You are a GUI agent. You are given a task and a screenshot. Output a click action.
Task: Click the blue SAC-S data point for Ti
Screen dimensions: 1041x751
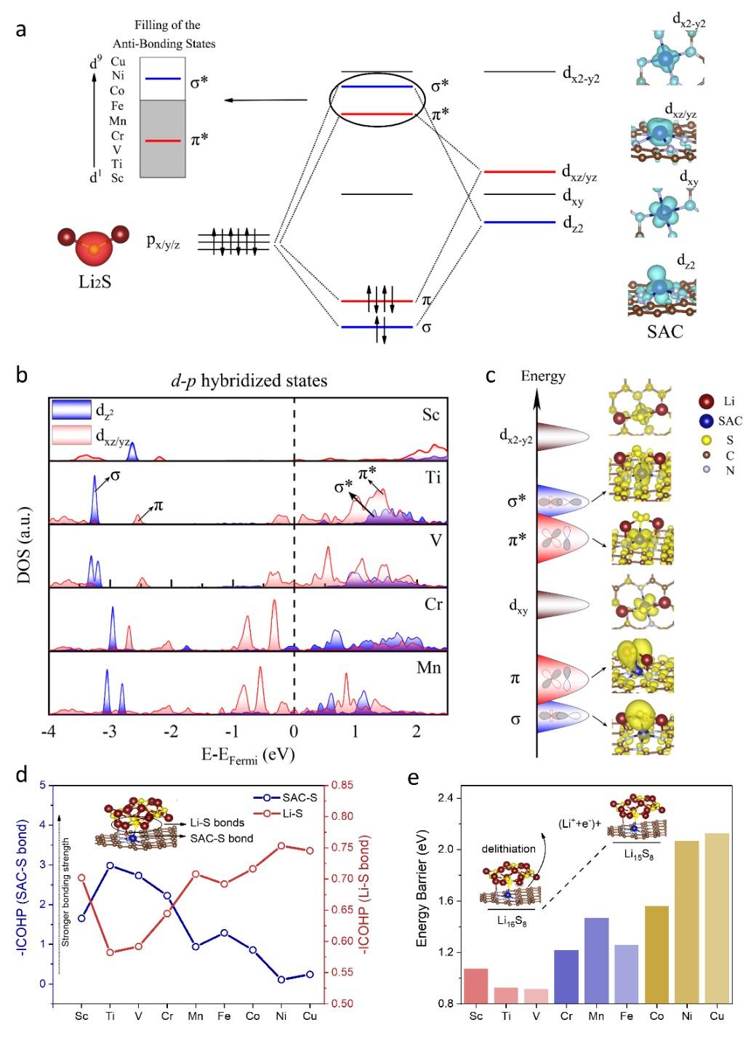110,866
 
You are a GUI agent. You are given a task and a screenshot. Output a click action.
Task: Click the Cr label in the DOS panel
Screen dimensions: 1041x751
433,605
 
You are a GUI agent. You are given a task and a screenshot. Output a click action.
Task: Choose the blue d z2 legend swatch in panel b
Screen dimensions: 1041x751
71,410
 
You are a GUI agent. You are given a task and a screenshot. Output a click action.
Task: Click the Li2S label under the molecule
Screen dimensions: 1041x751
95,281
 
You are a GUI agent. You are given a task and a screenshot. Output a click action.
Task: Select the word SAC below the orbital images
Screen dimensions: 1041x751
664,332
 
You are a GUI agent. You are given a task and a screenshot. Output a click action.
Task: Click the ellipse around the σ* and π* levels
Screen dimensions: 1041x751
377,100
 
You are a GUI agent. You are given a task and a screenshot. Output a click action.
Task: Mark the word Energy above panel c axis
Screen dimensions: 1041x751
543,376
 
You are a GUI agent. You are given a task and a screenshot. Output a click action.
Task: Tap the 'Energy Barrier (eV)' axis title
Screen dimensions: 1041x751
422,900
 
